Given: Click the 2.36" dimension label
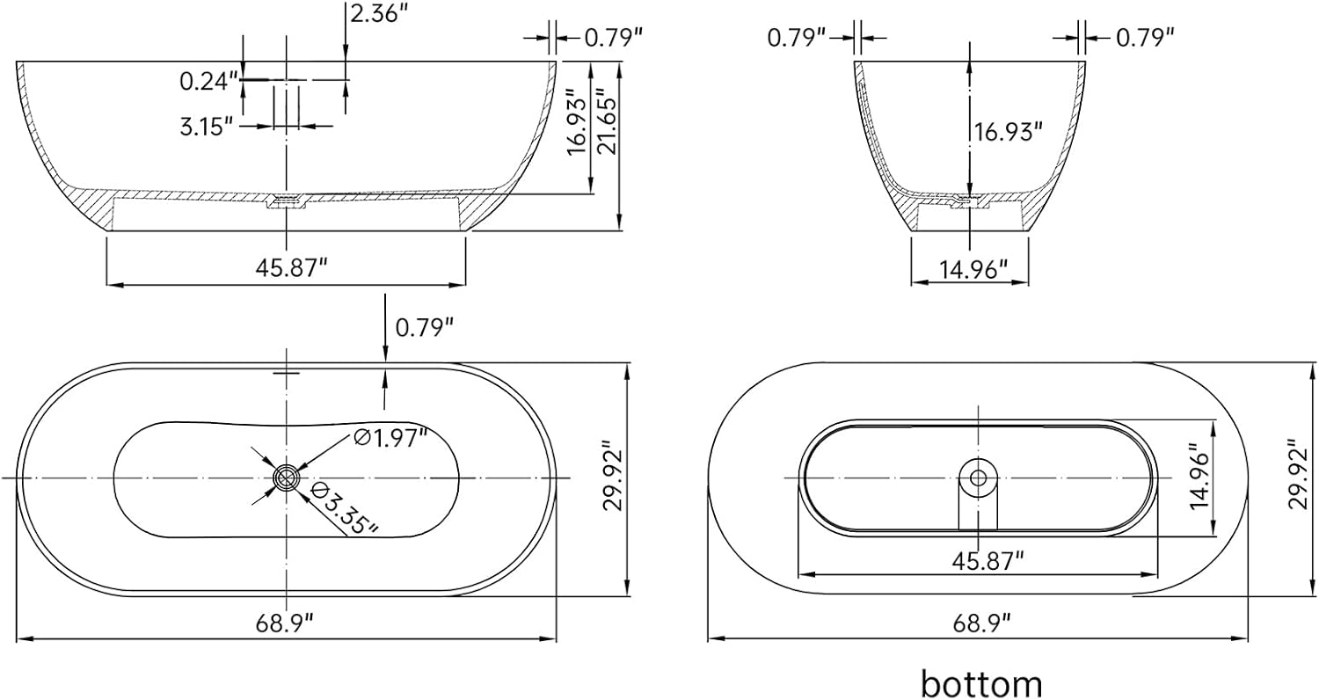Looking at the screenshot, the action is click(x=379, y=13).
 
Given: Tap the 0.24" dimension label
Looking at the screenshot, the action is click(x=208, y=81).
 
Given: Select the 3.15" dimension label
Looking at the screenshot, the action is click(x=207, y=127).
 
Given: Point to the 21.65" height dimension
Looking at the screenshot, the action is click(x=606, y=122).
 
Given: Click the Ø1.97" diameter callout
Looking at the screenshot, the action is click(x=390, y=438).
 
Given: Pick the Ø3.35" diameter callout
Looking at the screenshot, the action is click(x=343, y=508).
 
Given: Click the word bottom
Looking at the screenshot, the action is click(x=981, y=683).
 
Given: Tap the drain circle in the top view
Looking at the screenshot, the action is click(x=287, y=478).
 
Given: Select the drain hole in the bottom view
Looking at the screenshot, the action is click(x=978, y=478).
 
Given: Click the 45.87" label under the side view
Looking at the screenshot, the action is click(x=291, y=268).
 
